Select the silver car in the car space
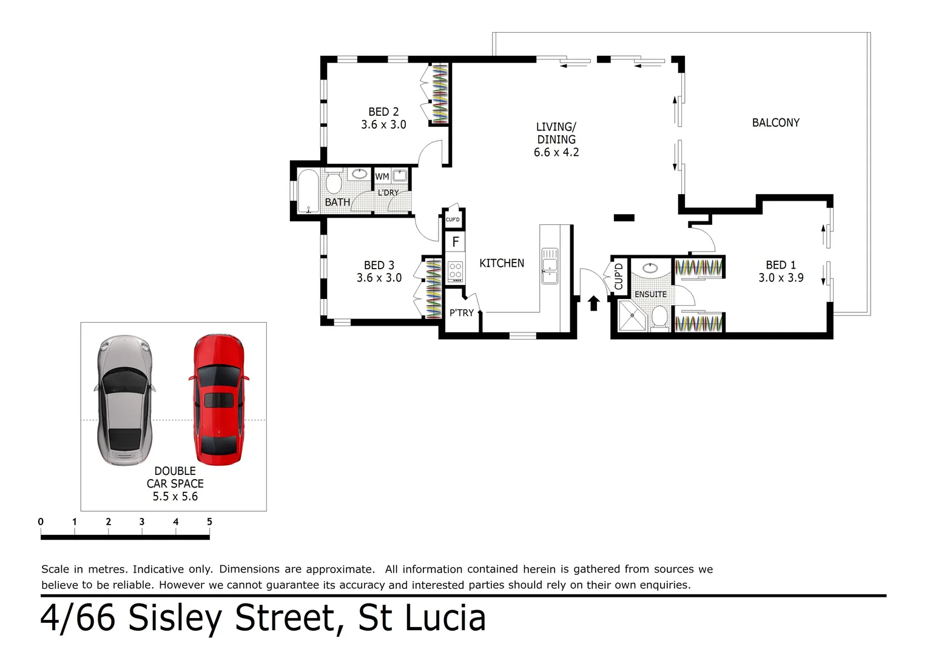[x=124, y=400]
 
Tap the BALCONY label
[x=775, y=123]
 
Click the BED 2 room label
[x=383, y=112]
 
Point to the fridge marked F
[x=455, y=242]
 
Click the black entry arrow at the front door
[x=593, y=303]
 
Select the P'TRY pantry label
[x=461, y=313]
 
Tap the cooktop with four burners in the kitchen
[x=455, y=270]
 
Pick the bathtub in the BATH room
[x=308, y=192]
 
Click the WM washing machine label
[x=382, y=176]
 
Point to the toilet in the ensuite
[x=659, y=317]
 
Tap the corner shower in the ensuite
[x=632, y=315]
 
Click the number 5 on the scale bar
[x=209, y=522]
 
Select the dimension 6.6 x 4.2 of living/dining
[x=556, y=152]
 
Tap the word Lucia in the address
[x=445, y=618]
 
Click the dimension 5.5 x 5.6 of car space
[x=175, y=496]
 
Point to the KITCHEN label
[x=502, y=263]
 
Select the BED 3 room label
[x=379, y=265]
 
